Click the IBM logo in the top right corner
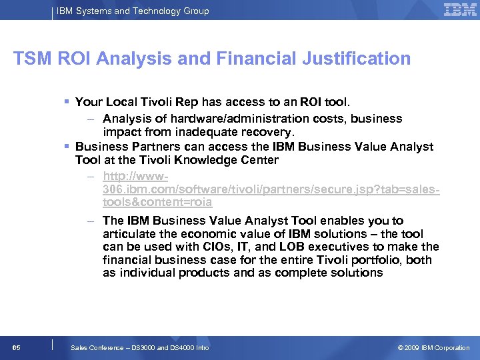(459, 10)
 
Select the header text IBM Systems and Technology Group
(133, 11)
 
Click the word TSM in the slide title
(31, 59)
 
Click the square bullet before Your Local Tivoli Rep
(67, 102)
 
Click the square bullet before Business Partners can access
(67, 147)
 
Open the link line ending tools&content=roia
(157, 203)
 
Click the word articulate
(129, 234)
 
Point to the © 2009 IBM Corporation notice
(433, 348)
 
